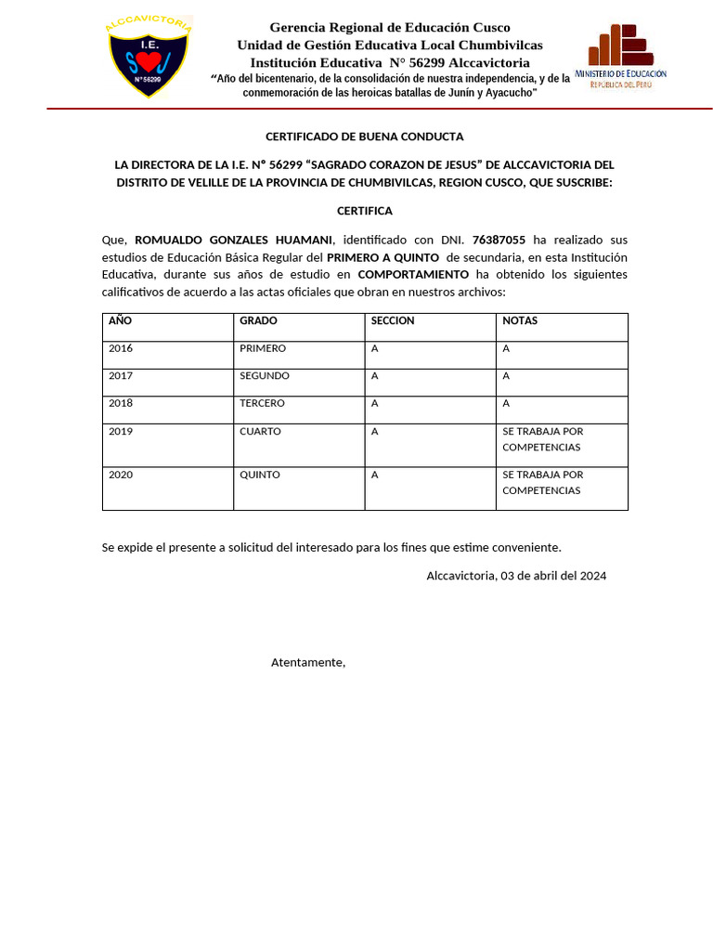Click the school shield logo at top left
pyautogui.click(x=149, y=58)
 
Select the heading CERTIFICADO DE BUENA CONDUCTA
pyautogui.click(x=364, y=137)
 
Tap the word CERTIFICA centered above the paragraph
pyautogui.click(x=364, y=211)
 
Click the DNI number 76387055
pyautogui.click(x=499, y=240)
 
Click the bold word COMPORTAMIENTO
pyautogui.click(x=413, y=274)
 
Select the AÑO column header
pyautogui.click(x=121, y=320)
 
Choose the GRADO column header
pyautogui.click(x=258, y=320)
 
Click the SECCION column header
pyautogui.click(x=393, y=320)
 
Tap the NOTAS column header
pyautogui.click(x=520, y=320)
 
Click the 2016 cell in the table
pyautogui.click(x=121, y=348)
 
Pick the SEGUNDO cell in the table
pyautogui.click(x=265, y=376)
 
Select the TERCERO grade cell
pyautogui.click(x=263, y=403)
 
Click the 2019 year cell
pyautogui.click(x=121, y=431)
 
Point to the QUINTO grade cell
pyautogui.click(x=260, y=475)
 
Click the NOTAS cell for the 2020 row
pyautogui.click(x=543, y=482)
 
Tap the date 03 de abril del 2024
pyautogui.click(x=553, y=576)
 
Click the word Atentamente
pyautogui.click(x=308, y=662)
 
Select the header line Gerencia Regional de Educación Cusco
pyautogui.click(x=390, y=27)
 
